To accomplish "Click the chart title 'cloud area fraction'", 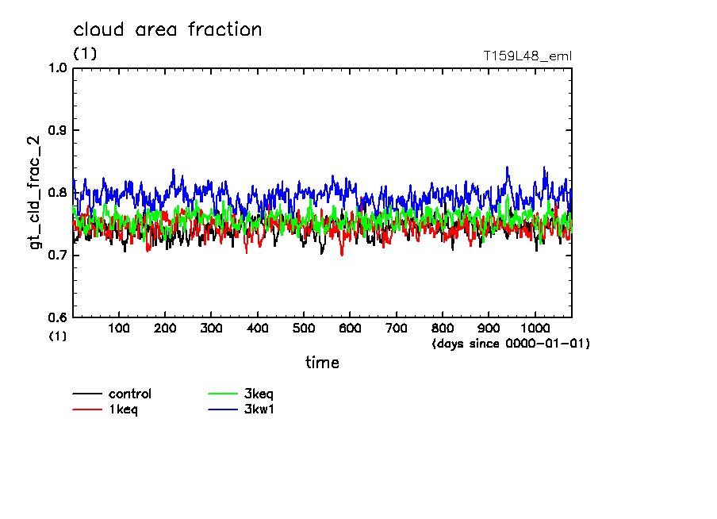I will pos(167,30).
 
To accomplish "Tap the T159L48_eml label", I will pos(527,56).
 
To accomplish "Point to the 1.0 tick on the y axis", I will pos(59,67).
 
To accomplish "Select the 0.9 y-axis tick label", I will pos(59,130).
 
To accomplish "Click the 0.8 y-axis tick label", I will pos(59,193).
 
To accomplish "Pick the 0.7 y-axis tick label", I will pos(59,255).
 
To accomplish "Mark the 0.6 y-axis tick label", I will pos(59,317).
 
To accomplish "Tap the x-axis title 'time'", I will pos(322,363).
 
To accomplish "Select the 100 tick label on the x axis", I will pos(119,329).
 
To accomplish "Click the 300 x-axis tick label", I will pos(211,329).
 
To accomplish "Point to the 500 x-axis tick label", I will pos(304,329).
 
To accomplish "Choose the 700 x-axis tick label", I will pos(396,329).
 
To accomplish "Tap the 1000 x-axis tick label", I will pos(535,329).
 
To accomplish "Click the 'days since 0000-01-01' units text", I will pos(511,344).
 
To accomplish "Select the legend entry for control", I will pos(129,394).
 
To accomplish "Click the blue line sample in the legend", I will pos(222,409).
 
